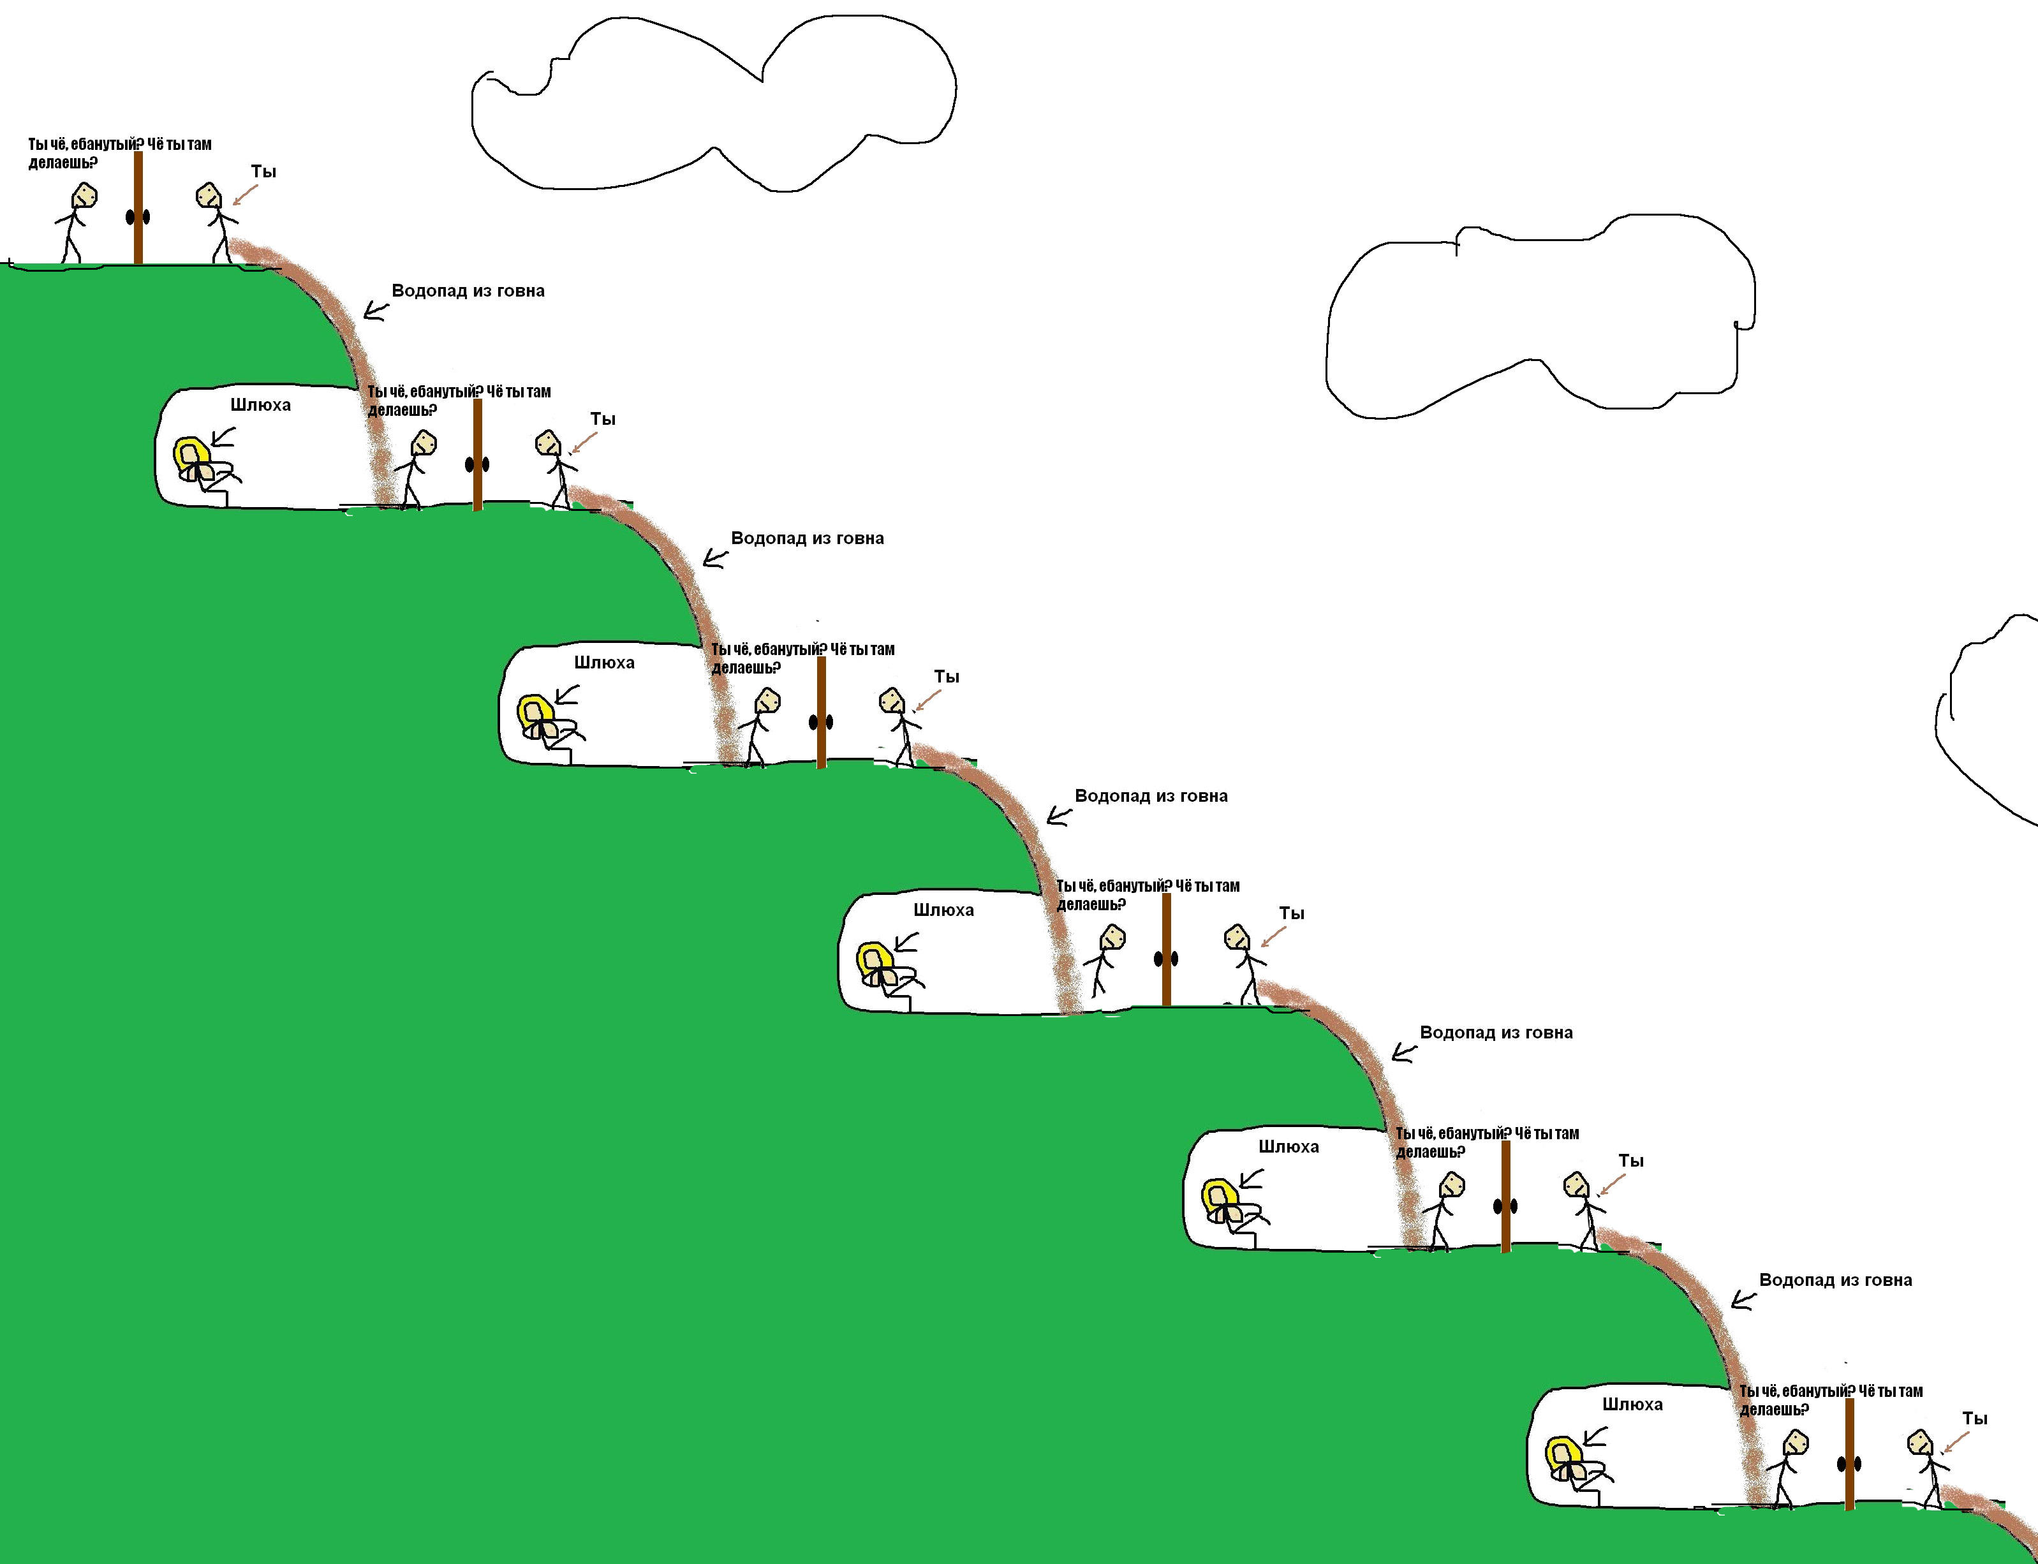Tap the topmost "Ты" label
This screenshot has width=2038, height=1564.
coord(263,172)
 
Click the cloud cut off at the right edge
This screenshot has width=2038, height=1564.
coord(1992,717)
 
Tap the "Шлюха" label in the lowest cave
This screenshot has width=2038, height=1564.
coord(1632,1405)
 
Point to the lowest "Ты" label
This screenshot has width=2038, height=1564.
coord(1975,1419)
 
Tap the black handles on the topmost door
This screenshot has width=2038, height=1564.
coord(138,217)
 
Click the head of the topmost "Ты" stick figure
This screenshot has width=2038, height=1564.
coord(209,195)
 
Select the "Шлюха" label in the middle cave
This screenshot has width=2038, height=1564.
coord(943,910)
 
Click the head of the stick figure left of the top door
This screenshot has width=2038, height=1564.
coord(85,195)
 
